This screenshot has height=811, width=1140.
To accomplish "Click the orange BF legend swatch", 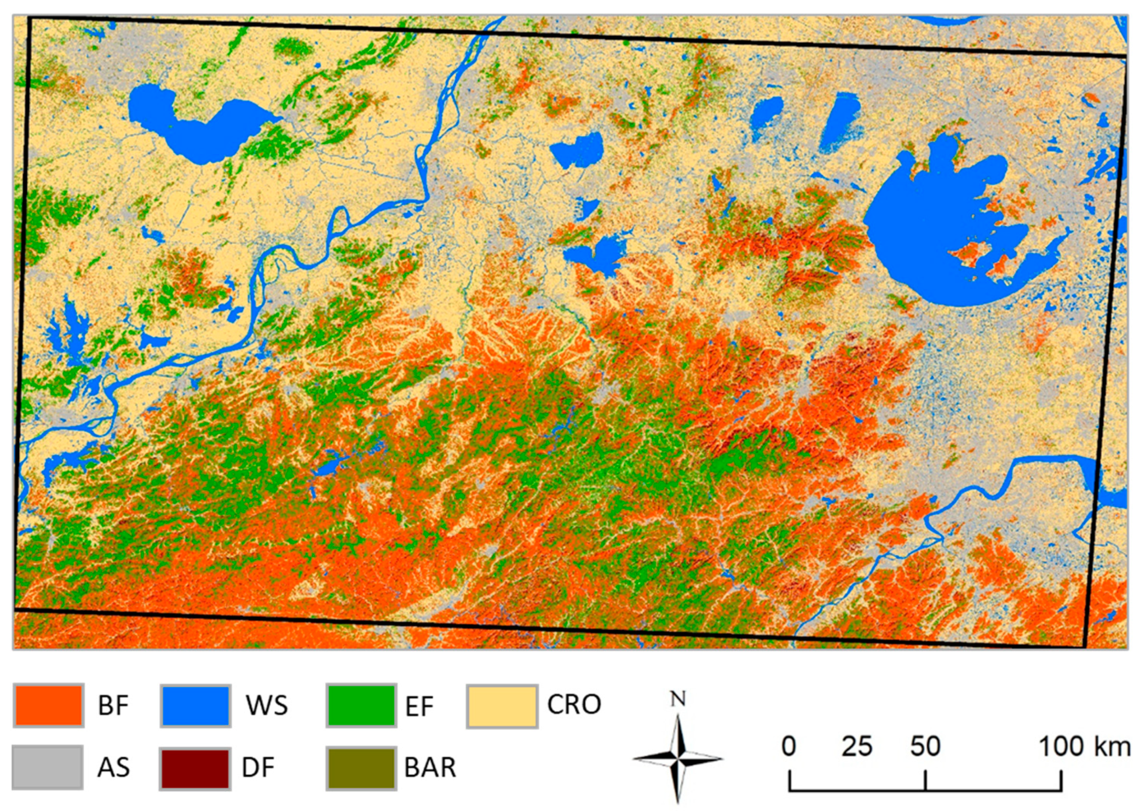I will click(49, 705).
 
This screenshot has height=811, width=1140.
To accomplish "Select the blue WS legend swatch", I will click(195, 705).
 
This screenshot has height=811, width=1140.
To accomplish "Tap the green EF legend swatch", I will click(361, 705).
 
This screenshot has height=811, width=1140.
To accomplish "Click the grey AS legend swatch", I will click(48, 767).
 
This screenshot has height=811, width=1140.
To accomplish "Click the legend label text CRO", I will click(574, 704).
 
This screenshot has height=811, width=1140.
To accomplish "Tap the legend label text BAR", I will click(430, 768).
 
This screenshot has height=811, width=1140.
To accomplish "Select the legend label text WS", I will click(267, 705).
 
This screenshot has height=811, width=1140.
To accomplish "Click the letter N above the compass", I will click(677, 699).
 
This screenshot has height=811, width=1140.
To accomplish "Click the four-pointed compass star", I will click(678, 758).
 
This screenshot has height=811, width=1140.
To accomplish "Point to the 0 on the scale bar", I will click(788, 746).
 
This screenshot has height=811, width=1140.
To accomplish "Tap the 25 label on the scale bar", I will click(856, 746).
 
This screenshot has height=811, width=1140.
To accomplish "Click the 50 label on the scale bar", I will click(925, 746).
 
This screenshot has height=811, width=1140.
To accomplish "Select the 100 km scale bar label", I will click(1084, 746).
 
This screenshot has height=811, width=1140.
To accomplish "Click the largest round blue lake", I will click(931, 230).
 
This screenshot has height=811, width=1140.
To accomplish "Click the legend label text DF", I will click(258, 768).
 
